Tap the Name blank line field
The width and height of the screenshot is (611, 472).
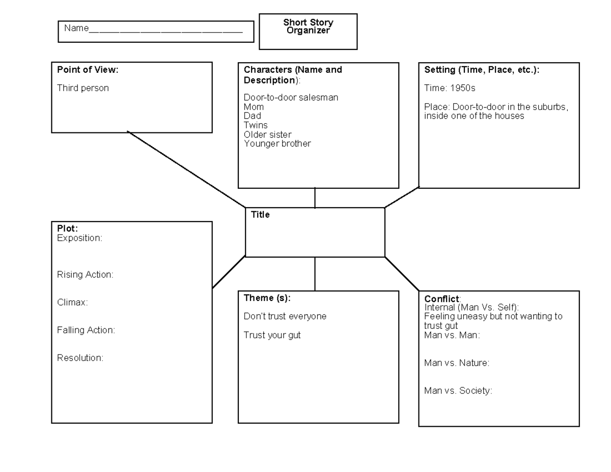coord(165,30)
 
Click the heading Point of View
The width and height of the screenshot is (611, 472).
coord(88,70)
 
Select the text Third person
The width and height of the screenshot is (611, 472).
coord(83,88)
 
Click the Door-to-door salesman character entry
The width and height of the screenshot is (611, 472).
coord(291,97)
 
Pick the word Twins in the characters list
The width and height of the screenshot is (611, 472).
coord(256,125)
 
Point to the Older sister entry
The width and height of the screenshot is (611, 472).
coord(267,134)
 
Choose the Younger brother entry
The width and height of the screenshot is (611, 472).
coord(277,144)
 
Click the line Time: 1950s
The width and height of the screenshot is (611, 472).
coord(450,88)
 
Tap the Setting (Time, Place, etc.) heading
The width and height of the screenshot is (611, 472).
coord(482,70)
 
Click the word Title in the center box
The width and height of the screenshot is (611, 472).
coord(260,215)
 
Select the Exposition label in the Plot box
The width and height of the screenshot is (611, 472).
coord(79,238)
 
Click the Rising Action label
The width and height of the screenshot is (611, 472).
coord(85,274)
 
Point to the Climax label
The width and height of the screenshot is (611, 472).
coord(72,302)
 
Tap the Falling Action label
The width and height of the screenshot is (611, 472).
coord(86,330)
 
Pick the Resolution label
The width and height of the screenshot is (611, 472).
coord(80,358)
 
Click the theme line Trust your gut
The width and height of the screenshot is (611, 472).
coord(272,335)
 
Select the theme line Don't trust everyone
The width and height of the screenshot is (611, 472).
coord(285,316)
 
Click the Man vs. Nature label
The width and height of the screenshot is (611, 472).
coord(457,363)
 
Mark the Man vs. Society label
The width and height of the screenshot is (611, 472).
coord(458,391)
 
